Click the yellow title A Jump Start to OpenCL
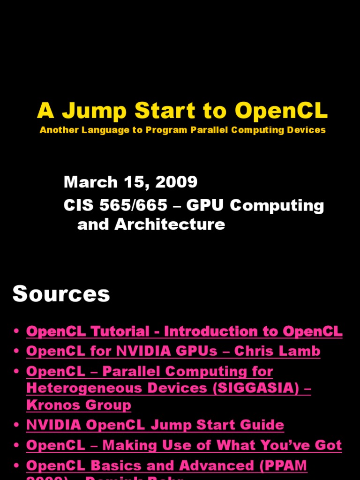tap(182, 111)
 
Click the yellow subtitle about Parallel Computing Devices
tap(182, 130)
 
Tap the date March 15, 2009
tap(130, 182)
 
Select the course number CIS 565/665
tap(115, 205)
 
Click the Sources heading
tap(61, 294)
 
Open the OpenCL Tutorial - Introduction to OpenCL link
tap(184, 331)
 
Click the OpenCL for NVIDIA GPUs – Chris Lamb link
tap(173, 351)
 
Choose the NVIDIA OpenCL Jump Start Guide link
tap(155, 425)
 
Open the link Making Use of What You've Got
tap(223, 445)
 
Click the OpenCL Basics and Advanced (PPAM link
tap(166, 465)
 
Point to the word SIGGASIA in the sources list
tap(255, 388)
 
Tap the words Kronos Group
tap(79, 405)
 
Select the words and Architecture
tap(151, 225)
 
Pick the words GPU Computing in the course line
tap(255, 205)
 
